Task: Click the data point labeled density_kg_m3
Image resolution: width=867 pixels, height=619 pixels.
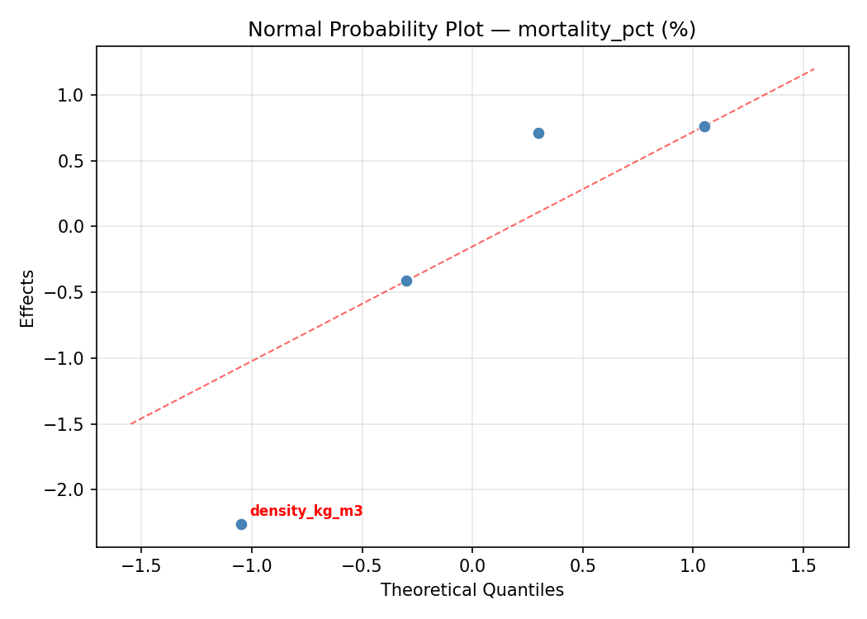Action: click(x=241, y=524)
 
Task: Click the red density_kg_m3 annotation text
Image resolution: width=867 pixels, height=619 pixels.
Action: click(x=306, y=511)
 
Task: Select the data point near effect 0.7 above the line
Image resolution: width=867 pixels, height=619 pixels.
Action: click(x=538, y=133)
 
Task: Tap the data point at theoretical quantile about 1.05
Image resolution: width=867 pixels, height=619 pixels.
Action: click(x=704, y=126)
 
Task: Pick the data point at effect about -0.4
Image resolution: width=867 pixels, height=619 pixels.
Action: click(x=406, y=281)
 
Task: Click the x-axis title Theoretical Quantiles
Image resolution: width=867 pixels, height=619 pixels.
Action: click(x=471, y=590)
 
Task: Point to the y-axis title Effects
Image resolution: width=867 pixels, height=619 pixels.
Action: click(x=28, y=298)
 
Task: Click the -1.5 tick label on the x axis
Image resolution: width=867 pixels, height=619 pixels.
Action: click(x=140, y=567)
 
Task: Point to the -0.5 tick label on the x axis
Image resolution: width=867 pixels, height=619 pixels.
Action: click(x=362, y=567)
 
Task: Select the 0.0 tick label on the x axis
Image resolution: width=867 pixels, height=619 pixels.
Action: click(x=472, y=567)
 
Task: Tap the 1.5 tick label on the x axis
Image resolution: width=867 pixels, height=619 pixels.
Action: click(x=803, y=567)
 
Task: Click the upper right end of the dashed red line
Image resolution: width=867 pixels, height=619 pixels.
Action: click(x=814, y=69)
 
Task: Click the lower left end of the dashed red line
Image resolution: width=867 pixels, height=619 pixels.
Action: click(x=130, y=423)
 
